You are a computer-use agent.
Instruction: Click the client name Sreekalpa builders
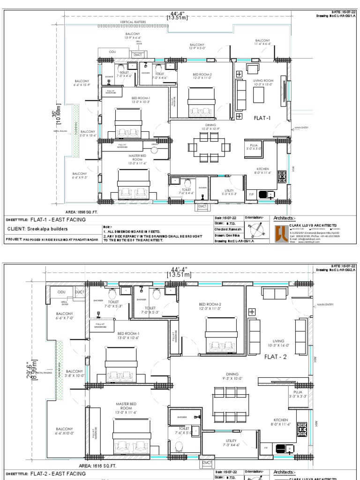(37, 229)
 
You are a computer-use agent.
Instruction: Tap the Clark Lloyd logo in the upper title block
(280, 232)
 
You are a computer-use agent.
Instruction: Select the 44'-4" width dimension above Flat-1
(177, 16)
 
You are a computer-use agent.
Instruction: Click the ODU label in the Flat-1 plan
(112, 52)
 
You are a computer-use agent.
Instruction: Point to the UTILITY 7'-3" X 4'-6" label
(231, 442)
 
